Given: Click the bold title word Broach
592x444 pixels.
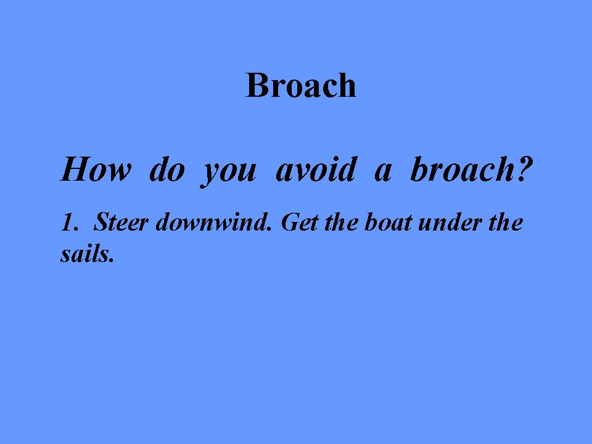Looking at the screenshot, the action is pos(301,85).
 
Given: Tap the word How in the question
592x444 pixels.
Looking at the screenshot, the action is pos(96,169).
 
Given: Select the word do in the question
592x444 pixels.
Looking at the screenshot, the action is pos(167,169).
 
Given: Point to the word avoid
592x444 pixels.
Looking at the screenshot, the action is pos(316,169).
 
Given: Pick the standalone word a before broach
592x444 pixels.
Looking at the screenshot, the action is pos(383,173).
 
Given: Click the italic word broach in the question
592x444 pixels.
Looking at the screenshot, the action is pos(460,169).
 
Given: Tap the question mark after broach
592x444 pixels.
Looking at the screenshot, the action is pos(524,169).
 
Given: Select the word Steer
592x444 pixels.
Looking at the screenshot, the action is pos(120,222).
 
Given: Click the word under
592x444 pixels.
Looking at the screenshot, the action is pos(450,222).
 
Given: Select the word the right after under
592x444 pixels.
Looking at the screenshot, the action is pos(506,222).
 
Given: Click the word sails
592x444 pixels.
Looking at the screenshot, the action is pos(84,253).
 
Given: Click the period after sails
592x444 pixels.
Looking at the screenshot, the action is pos(111,260).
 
